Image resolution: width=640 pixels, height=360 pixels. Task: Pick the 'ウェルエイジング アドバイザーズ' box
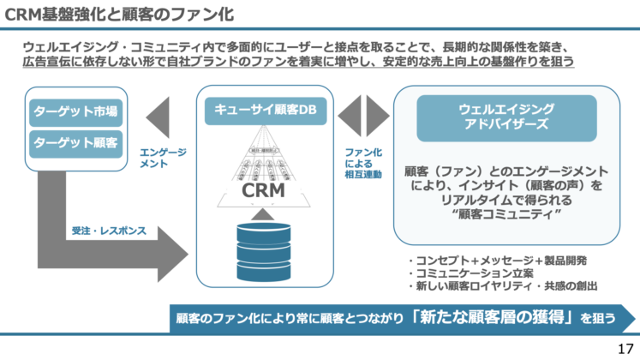coord(506,117)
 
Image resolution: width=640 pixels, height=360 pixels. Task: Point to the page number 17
coord(624,348)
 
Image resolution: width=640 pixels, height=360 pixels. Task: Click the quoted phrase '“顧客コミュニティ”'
coord(505,214)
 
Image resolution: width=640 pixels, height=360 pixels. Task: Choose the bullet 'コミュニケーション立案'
coord(468,273)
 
